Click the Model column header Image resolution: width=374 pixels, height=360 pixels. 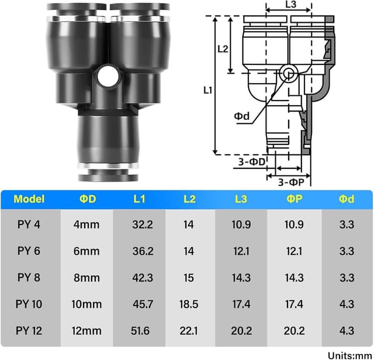click(x=29, y=199)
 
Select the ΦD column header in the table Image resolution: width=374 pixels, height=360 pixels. click(x=88, y=199)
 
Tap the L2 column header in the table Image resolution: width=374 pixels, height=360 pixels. click(x=189, y=199)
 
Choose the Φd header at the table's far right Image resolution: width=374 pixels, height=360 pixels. click(x=347, y=199)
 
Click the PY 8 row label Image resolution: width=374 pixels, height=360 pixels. click(x=29, y=278)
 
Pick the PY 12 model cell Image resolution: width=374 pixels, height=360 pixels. click(x=29, y=331)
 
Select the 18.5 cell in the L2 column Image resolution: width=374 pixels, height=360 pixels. click(x=189, y=304)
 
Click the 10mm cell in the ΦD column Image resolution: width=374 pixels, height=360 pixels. click(x=88, y=304)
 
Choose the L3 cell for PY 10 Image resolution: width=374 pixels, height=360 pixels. click(x=241, y=304)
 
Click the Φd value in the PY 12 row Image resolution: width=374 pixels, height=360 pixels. click(x=347, y=331)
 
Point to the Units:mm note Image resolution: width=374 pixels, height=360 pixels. click(x=349, y=355)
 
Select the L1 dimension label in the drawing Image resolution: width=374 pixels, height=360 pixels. click(x=207, y=90)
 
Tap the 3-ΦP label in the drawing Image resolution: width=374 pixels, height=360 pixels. click(x=289, y=182)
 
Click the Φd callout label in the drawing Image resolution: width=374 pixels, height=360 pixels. click(x=242, y=116)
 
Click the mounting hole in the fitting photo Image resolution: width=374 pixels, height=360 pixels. click(x=107, y=75)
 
